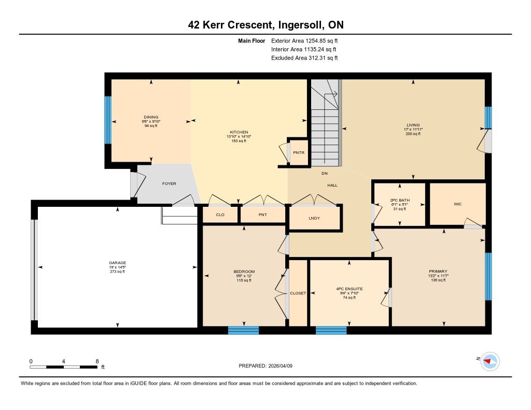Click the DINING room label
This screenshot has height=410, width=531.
pyautogui.click(x=151, y=117)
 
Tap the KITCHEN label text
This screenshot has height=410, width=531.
pyautogui.click(x=239, y=132)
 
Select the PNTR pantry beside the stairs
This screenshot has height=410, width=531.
pyautogui.click(x=299, y=153)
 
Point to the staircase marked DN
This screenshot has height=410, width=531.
pyautogui.click(x=325, y=122)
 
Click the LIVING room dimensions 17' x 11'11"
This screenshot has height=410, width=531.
pyautogui.click(x=413, y=130)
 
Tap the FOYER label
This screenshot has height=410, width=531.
pyautogui.click(x=169, y=183)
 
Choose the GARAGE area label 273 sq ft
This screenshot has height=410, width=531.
pyautogui.click(x=118, y=272)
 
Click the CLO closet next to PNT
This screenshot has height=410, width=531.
pyautogui.click(x=220, y=215)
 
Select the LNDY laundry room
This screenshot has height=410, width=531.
pyautogui.click(x=314, y=218)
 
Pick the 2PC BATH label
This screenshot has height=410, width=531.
pyautogui.click(x=400, y=200)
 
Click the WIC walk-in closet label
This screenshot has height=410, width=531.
pyautogui.click(x=457, y=204)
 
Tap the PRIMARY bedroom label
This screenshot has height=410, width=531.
pyautogui.click(x=438, y=271)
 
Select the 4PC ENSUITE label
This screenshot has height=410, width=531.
pyautogui.click(x=349, y=289)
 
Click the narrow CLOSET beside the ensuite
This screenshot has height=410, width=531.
pyautogui.click(x=298, y=293)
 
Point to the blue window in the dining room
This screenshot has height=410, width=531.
pyautogui.click(x=108, y=120)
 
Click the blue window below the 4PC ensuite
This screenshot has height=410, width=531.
pyautogui.click(x=331, y=330)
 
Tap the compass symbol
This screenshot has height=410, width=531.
pyautogui.click(x=490, y=362)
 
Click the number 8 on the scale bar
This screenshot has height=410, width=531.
pyautogui.click(x=97, y=361)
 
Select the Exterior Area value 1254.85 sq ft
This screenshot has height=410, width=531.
pyautogui.click(x=322, y=40)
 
